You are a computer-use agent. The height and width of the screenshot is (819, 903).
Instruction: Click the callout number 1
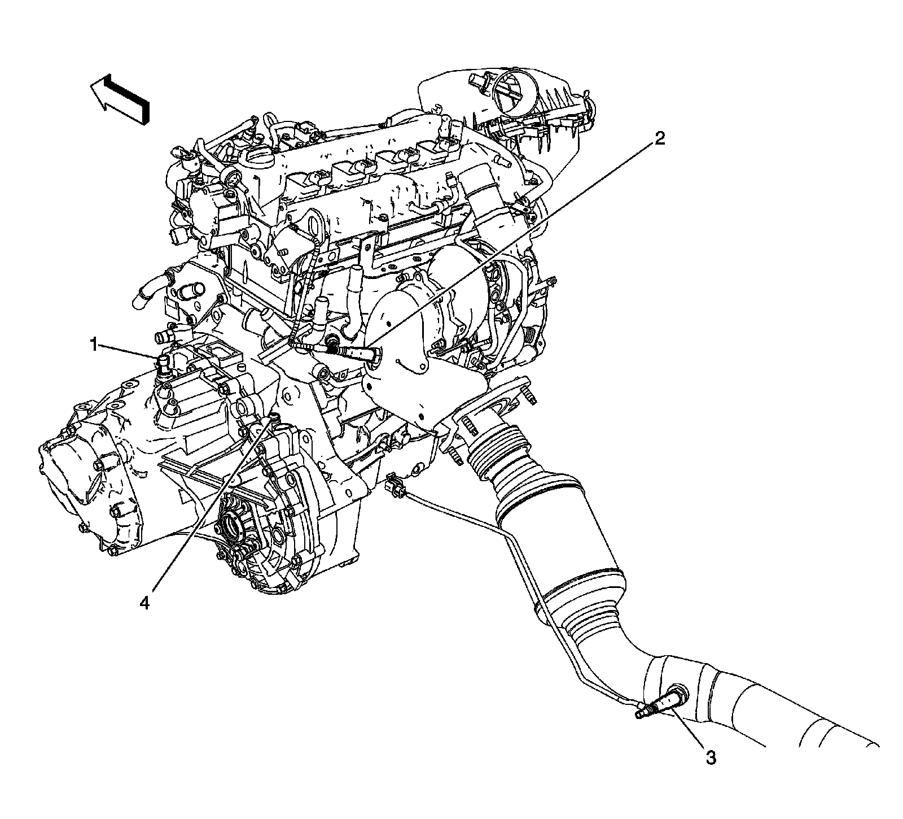pos(97,343)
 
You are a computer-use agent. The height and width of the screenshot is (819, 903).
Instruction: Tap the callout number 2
pos(659,139)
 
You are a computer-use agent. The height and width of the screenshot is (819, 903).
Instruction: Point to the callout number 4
pos(146,604)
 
